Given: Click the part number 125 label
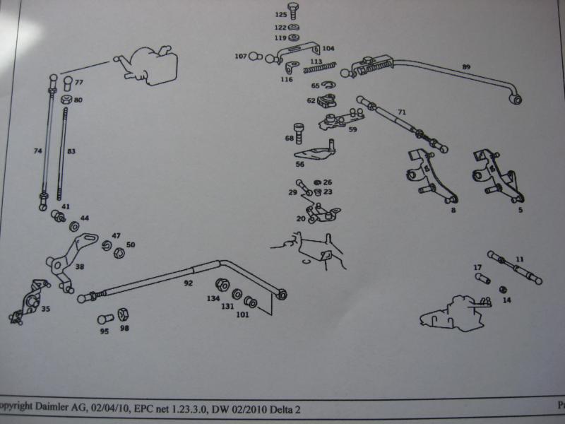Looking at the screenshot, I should point(280,15).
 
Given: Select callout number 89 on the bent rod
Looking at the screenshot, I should point(466,66).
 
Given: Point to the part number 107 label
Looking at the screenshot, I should point(241,56).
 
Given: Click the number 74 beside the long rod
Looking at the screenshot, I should point(38,151).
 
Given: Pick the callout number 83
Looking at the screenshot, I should point(71,151).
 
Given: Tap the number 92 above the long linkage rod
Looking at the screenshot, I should point(188,283).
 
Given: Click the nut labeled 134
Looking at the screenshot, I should point(220,285).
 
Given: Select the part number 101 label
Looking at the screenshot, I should point(242,315).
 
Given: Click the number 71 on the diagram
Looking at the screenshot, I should point(402,112).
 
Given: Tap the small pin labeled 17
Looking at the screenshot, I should point(484,278).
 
